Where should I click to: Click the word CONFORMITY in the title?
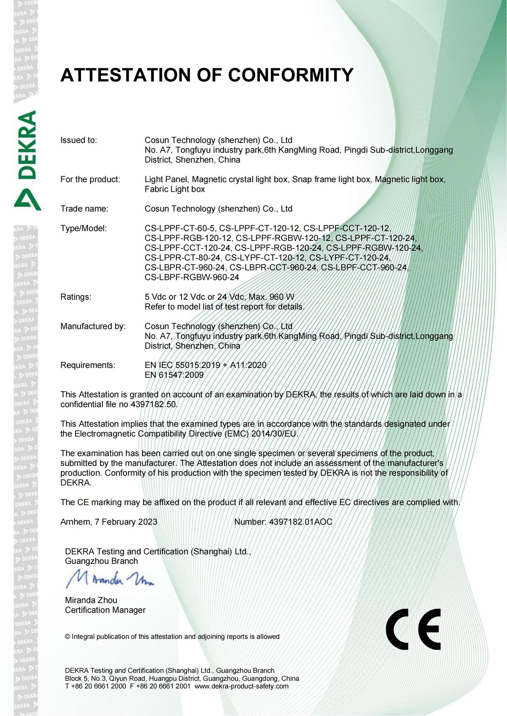pos(291,75)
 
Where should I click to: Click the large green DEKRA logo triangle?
pos(28,199)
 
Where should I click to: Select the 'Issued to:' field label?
pos(79,140)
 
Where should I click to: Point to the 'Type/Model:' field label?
pos(84,228)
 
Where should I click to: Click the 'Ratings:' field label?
pos(76,297)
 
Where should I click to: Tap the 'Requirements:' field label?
pos(88,365)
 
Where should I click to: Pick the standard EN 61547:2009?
pos(174,375)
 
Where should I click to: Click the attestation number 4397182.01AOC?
pos(300,522)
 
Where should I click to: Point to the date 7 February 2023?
pos(126,522)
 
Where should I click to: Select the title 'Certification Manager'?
pos(105,610)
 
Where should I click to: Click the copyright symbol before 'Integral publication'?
pos(67,637)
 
